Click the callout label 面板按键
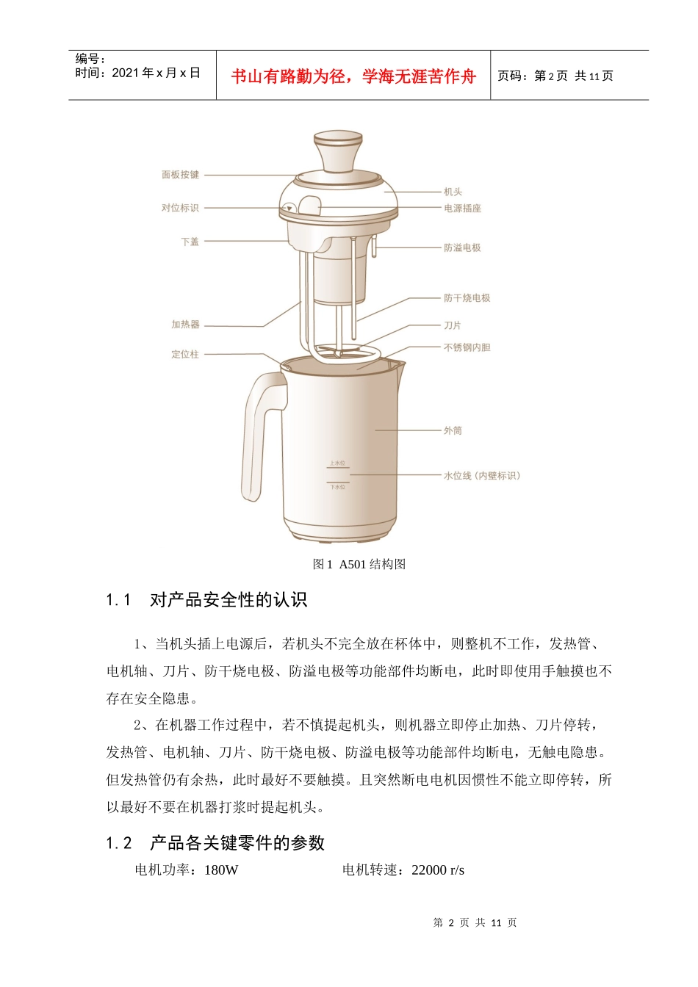coord(180,175)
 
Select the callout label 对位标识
coord(180,208)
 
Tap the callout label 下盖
coord(190,242)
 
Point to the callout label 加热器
coord(185,325)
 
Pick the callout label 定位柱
coord(185,354)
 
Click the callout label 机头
coord(453,192)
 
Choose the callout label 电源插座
coord(462,209)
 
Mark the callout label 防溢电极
coord(462,248)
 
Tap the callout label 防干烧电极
coord(467,298)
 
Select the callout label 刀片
coord(453,325)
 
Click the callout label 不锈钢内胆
coord(467,347)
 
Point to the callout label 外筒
coord(453,430)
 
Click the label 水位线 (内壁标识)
coord(481,476)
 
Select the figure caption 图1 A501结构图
coord(359,564)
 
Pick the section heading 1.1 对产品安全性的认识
coord(206,600)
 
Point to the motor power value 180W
coord(221,870)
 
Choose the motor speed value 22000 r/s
coord(438,870)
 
